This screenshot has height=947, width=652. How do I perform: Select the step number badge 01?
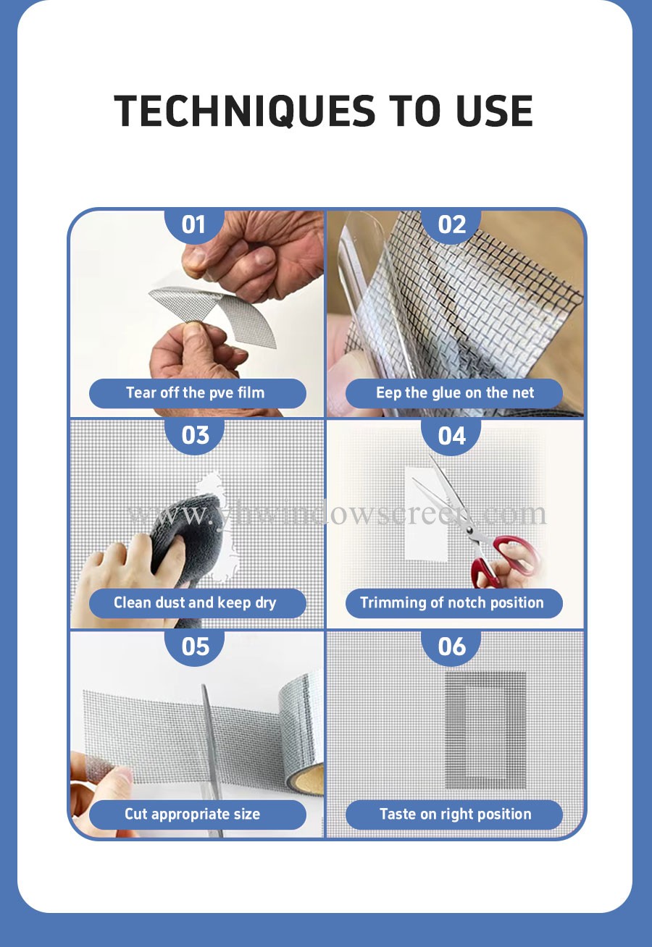[193, 226]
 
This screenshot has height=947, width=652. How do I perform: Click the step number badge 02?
[451, 226]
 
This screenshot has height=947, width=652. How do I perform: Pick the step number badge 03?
[195, 436]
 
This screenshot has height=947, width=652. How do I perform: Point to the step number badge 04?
[451, 436]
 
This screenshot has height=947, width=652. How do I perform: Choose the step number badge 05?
[195, 647]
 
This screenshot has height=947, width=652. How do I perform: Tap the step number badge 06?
[451, 647]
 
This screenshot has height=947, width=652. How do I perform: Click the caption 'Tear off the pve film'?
[196, 393]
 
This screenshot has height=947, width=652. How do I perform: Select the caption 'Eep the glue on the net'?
[455, 393]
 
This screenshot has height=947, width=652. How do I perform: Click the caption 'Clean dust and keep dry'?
[195, 603]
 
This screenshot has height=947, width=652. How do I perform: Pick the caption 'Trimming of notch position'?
[452, 603]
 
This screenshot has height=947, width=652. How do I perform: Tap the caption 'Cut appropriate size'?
[193, 815]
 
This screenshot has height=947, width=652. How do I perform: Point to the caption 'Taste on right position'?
[455, 815]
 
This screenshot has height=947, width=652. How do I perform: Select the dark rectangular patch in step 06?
[485, 731]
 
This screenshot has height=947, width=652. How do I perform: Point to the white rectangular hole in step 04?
[427, 513]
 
